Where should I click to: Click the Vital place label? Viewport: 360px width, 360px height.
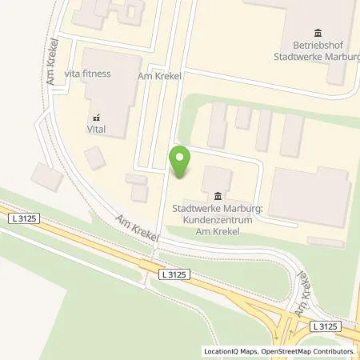(96, 126)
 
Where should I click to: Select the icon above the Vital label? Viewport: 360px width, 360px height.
(96, 113)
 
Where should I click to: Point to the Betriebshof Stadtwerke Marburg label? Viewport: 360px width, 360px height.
(319, 51)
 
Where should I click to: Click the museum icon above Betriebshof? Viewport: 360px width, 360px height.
(318, 33)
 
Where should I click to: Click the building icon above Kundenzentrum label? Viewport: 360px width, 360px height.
(218, 197)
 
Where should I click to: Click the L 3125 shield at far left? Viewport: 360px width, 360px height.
(25, 218)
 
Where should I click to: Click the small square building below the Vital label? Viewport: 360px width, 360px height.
(95, 158)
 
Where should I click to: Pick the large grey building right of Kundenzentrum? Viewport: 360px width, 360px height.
(309, 195)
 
